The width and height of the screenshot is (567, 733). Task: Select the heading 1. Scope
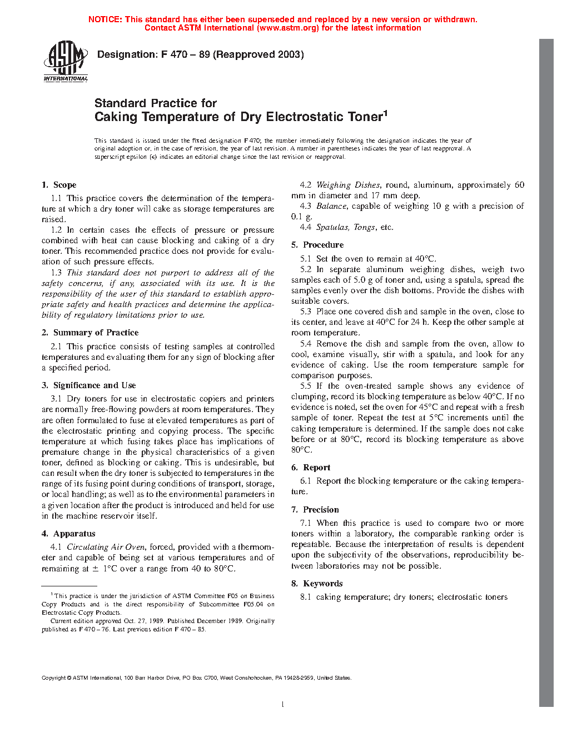[59, 185]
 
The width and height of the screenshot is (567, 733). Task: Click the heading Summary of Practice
[96, 333]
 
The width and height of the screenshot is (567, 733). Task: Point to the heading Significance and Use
[94, 385]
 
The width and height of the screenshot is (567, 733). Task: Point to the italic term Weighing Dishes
[348, 185]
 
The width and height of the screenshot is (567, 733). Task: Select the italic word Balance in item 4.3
[331, 206]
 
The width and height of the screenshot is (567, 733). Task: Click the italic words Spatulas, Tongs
[346, 227]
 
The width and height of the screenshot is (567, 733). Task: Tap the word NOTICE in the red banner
[105, 19]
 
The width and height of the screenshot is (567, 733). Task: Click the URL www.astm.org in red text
[288, 28]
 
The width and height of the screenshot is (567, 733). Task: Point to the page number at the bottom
[283, 704]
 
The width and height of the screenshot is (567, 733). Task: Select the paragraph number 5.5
[306, 386]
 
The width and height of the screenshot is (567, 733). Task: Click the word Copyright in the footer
[54, 677]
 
